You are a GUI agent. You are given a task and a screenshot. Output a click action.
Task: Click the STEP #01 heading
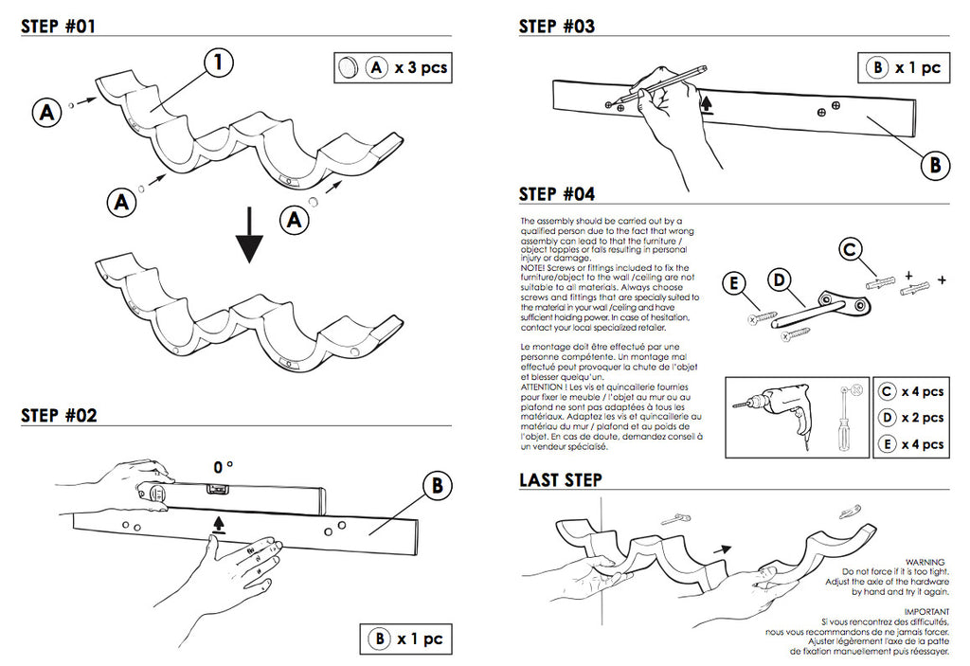point(59,27)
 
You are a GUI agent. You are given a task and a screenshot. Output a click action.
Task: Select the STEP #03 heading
point(557,27)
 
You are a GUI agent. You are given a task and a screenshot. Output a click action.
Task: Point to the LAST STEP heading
point(561,480)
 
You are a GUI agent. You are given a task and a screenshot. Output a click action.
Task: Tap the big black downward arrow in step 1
point(250,238)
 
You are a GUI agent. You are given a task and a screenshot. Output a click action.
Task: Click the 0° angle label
point(224,467)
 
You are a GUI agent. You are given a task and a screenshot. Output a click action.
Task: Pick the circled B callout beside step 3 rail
point(935,165)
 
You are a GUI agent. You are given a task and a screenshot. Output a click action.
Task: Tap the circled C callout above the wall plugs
point(852,250)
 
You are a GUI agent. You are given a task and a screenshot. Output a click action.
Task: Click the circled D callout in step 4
point(779,279)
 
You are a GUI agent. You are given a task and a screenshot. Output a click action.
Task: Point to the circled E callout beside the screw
point(732,282)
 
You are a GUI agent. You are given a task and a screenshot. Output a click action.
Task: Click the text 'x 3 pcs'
point(422,67)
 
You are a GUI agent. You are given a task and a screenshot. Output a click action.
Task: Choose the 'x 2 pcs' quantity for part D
point(922,417)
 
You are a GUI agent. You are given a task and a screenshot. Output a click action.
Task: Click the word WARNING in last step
point(925,562)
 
